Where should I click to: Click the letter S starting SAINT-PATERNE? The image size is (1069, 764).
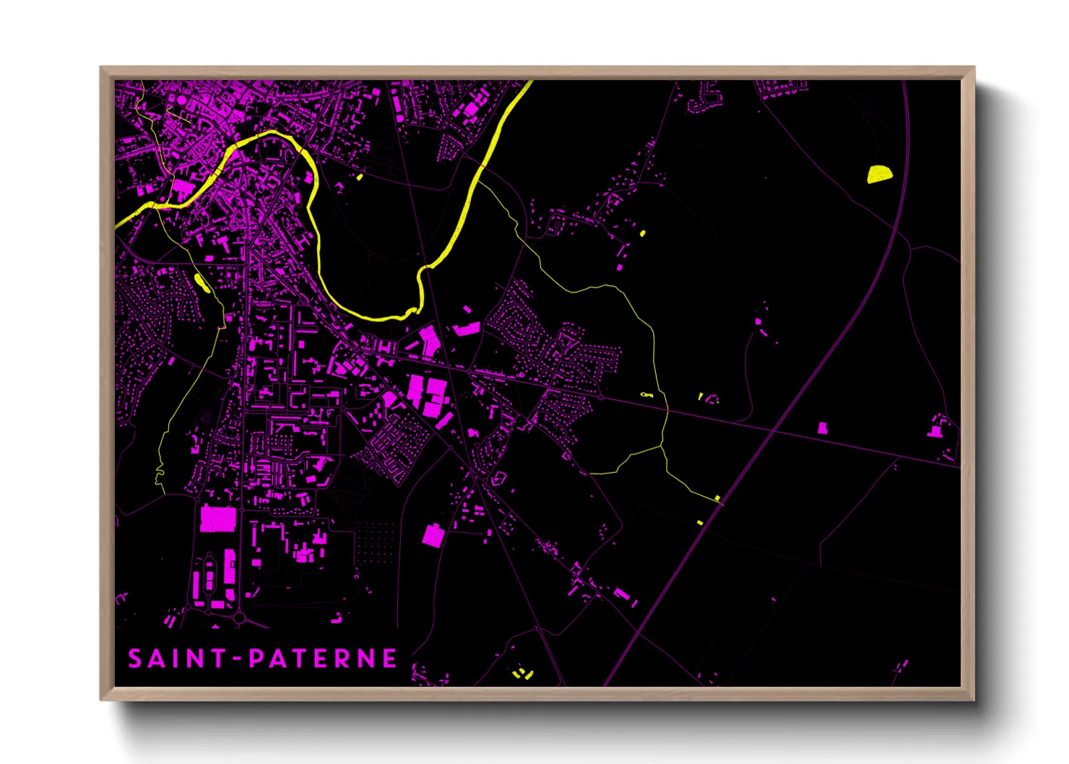[135, 659]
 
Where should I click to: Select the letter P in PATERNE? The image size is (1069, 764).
[256, 659]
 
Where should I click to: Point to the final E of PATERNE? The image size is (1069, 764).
[389, 659]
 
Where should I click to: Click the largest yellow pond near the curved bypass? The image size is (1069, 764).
[879, 175]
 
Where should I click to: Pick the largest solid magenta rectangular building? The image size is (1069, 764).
[218, 519]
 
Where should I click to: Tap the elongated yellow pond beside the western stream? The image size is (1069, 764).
[202, 283]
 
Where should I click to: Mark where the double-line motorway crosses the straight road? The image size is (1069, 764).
[774, 430]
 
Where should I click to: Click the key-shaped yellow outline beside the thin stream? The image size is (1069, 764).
[646, 395]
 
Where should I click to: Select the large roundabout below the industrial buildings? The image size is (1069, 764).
[239, 619]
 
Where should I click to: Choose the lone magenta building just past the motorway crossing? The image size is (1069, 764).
[822, 428]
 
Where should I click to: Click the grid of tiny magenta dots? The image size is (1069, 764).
[376, 542]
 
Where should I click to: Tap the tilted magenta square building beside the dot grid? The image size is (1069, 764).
[433, 536]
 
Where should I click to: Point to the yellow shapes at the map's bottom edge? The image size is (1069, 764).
[522, 674]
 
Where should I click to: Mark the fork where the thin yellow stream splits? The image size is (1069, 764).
[661, 448]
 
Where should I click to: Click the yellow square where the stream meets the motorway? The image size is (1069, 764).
[717, 498]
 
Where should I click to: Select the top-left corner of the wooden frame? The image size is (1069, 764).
[101, 68]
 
